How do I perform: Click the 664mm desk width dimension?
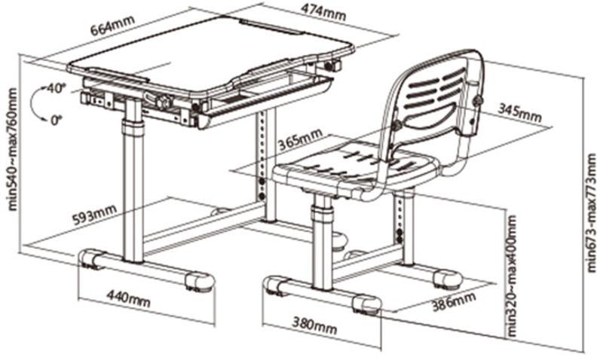coord(112,26)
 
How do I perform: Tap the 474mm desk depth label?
coord(323,13)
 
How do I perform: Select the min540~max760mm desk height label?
coord(12,149)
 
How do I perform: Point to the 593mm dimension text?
coord(95,215)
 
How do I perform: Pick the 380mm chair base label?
coord(314,325)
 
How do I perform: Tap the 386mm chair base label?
coord(454,301)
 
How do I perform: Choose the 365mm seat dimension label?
coord(300,139)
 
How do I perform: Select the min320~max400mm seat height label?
coord(513,276)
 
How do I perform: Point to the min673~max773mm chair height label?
coord(591,212)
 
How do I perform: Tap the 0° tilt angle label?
coord(56,121)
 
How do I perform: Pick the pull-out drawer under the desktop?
coord(265,98)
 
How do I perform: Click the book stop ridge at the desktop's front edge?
coord(115,75)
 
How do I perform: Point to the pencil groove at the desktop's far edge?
coord(272,27)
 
